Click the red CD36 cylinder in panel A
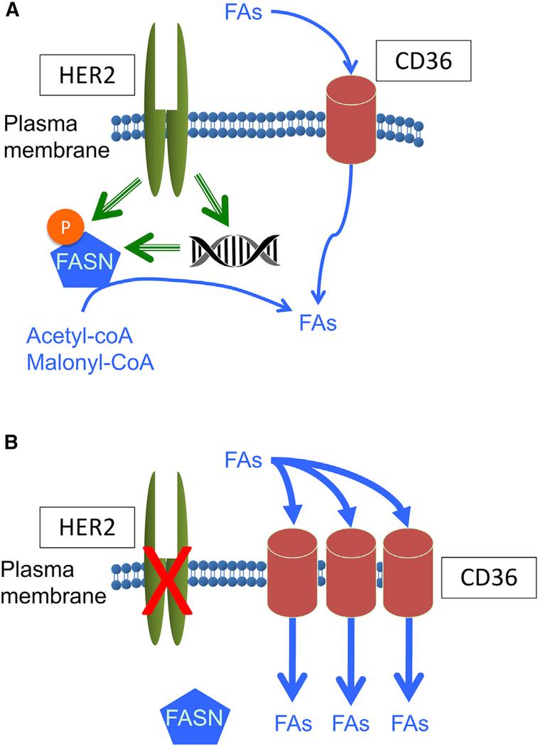(352, 119)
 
